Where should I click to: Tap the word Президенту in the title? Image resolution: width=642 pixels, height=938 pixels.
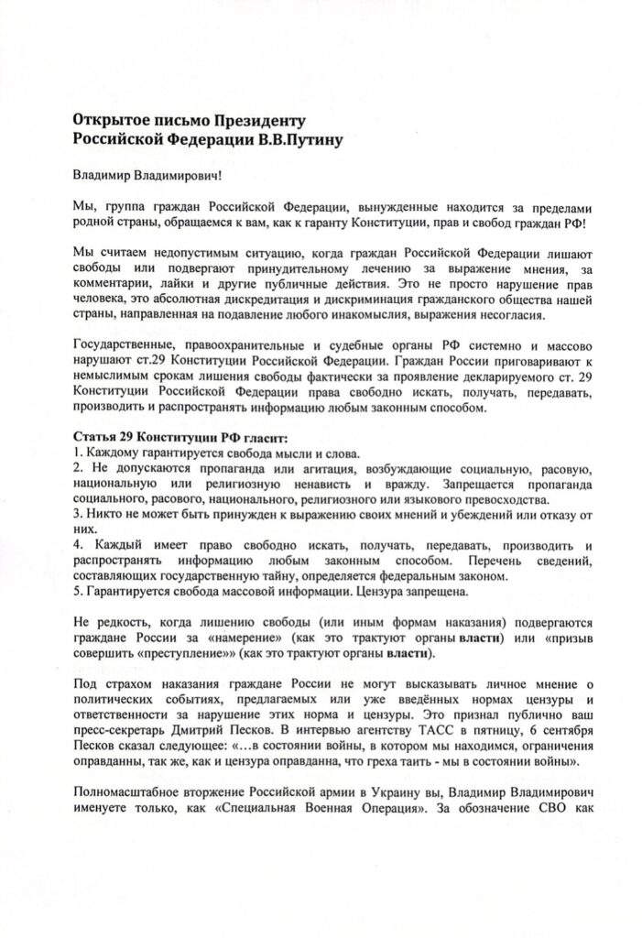(x=261, y=120)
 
